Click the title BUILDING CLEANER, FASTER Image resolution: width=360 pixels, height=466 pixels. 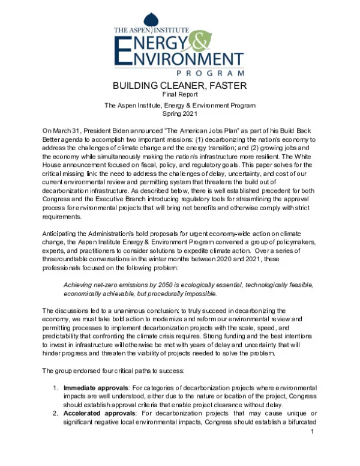click(180, 86)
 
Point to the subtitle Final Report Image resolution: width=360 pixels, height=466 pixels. click(180, 95)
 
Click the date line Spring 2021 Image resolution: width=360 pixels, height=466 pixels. click(180, 113)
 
